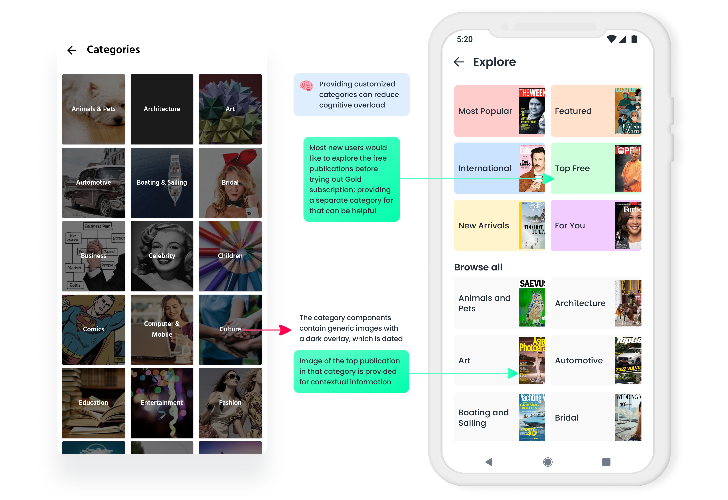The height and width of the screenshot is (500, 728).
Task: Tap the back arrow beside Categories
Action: [x=72, y=50]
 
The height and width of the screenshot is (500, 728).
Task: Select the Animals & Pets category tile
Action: [x=93, y=109]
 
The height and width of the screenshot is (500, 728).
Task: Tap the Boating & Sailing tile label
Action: [x=162, y=182]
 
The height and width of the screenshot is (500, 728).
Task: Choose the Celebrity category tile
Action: [x=162, y=256]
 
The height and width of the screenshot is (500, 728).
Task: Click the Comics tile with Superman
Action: [x=93, y=329]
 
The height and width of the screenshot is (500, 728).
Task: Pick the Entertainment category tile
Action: [x=162, y=403]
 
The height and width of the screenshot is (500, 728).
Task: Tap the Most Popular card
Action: [x=499, y=111]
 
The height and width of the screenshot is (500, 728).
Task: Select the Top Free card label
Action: [x=572, y=169]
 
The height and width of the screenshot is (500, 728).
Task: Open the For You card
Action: [x=596, y=225]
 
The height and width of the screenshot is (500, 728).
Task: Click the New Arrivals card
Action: [x=499, y=225]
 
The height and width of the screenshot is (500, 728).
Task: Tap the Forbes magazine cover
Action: [x=628, y=225]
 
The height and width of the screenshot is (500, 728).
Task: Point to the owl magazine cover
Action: [x=531, y=303]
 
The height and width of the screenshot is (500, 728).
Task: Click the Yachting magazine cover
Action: [x=531, y=417]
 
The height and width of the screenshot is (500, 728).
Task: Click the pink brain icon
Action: [x=306, y=85]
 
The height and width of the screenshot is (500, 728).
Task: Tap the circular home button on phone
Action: [x=548, y=462]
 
